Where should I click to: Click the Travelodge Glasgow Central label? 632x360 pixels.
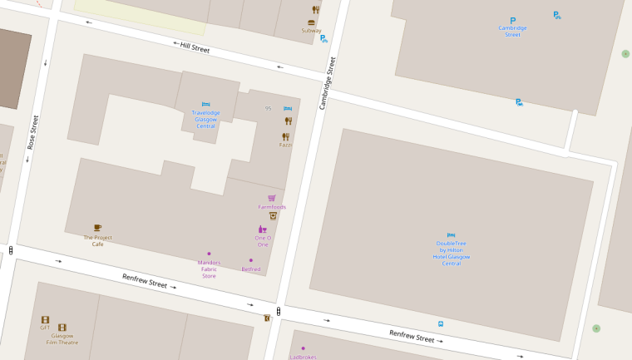click(x=205, y=120)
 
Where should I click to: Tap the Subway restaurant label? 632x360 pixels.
click(x=311, y=31)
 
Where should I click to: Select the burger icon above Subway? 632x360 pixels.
click(x=312, y=22)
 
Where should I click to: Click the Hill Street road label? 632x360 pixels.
click(x=195, y=48)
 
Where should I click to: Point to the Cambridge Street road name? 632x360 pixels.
click(x=327, y=82)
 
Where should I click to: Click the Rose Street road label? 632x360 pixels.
click(x=34, y=132)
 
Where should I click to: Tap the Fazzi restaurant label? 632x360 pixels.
click(x=285, y=145)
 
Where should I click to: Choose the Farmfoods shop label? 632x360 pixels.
click(x=272, y=207)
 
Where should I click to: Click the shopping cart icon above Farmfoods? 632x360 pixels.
click(x=272, y=198)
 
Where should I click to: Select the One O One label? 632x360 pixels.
click(x=263, y=241)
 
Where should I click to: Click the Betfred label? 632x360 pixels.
click(x=251, y=269)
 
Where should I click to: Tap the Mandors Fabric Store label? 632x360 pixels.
click(x=209, y=269)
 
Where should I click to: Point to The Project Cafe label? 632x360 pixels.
click(x=97, y=241)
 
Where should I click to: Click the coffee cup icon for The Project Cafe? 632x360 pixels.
click(x=97, y=227)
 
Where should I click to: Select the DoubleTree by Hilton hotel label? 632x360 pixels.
click(x=452, y=253)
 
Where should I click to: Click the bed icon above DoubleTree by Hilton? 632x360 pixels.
click(x=452, y=235)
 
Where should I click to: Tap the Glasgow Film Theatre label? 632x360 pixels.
click(x=62, y=339)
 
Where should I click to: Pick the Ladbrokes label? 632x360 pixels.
click(x=303, y=357)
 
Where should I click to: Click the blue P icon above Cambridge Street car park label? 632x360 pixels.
click(x=512, y=21)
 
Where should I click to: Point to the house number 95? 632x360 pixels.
click(x=268, y=108)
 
